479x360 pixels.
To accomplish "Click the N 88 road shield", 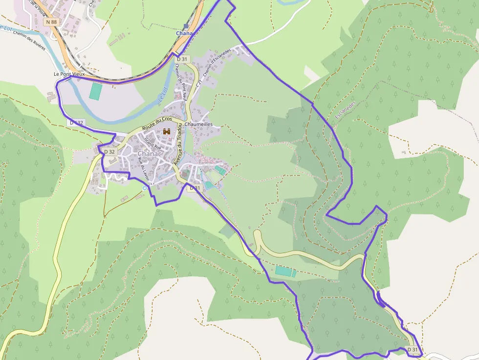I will (x=50, y=22).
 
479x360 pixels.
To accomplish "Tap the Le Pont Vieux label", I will (x=69, y=74).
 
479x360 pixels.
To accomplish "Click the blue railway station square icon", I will (x=186, y=26).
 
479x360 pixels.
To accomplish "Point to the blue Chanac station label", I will (x=185, y=33).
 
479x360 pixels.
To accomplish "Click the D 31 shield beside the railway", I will (x=182, y=59).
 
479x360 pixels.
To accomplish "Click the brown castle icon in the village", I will (x=167, y=131).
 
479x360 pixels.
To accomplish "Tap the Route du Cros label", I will (x=157, y=124).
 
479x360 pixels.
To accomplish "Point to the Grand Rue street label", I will (x=152, y=143).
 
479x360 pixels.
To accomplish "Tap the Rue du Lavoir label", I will (x=143, y=167).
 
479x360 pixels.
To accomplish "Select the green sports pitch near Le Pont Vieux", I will (x=96, y=91).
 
